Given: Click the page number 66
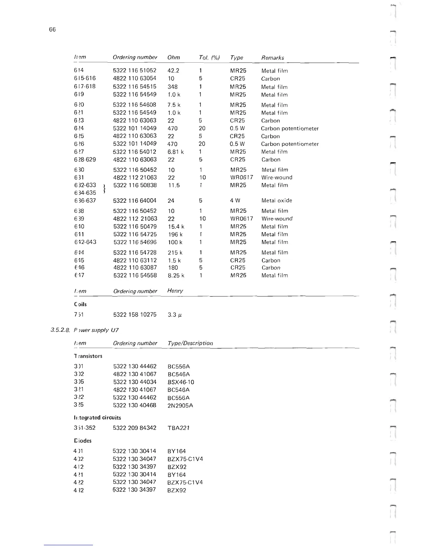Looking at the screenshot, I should point(52,29).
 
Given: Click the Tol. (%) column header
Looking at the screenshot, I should point(209,57).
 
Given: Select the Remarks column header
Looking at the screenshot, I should point(273,58).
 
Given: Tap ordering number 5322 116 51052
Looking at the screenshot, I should point(134,70).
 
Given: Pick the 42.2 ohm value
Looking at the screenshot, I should point(173,71).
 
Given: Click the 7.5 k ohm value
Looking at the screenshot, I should point(174,105).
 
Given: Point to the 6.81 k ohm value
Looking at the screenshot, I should point(176,152).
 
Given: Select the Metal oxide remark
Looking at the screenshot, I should point(276,201).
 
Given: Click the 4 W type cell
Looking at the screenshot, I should point(235,201).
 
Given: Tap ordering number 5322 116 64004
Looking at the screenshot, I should point(135,201).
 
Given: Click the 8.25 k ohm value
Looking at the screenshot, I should point(176,276).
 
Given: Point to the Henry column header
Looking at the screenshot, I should point(175,291).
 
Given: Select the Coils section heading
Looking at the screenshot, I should point(80,304).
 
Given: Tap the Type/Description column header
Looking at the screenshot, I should point(190,343).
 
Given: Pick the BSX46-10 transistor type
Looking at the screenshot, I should point(181,382).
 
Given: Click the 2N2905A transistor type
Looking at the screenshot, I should point(180,405).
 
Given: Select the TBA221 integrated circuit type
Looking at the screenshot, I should point(178,428).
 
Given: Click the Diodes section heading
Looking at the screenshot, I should point(83,441).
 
